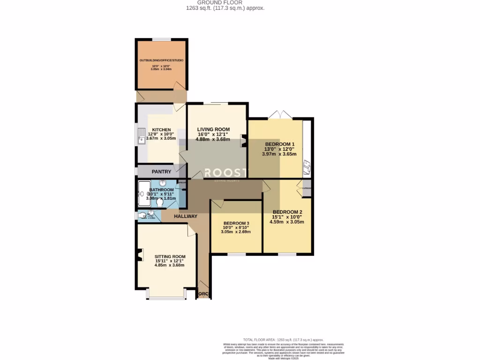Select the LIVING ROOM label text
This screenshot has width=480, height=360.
tap(213, 129)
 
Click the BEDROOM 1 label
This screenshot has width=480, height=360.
tap(280, 144)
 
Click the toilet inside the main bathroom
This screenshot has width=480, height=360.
tap(160, 203)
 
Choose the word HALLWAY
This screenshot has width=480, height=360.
tap(186, 216)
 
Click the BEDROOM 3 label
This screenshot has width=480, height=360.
tap(236, 223)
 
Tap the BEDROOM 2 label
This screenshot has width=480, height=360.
tap(287, 212)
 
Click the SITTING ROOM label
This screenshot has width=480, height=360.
tap(170, 256)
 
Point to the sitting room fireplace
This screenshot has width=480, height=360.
tap(139, 256)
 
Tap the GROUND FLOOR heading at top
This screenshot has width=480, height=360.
tap(226, 2)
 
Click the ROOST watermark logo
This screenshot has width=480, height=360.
tap(226, 172)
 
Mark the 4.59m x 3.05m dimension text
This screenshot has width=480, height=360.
tap(287, 222)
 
